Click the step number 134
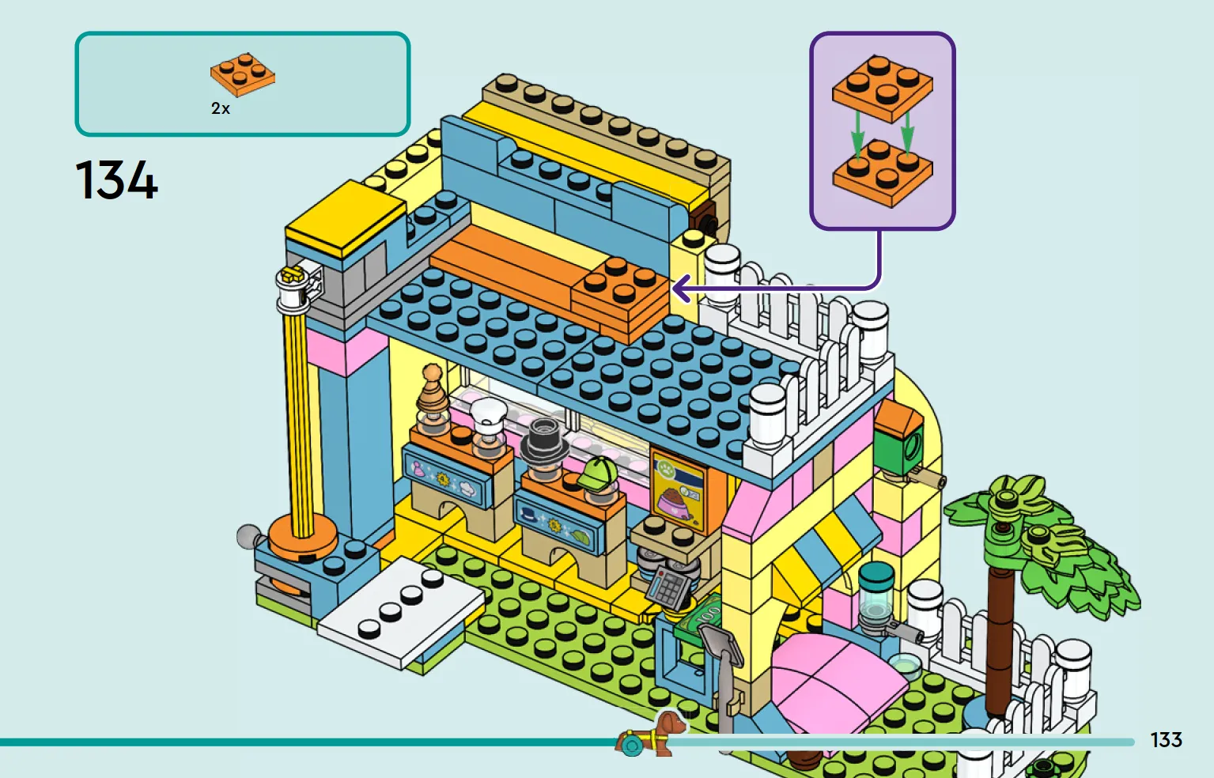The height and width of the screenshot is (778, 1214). (116, 180)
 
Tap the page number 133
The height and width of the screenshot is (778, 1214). (1167, 740)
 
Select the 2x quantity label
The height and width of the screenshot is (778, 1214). (221, 108)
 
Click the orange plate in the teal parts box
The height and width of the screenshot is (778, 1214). (243, 74)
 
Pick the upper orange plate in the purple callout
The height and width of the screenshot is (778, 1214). (883, 88)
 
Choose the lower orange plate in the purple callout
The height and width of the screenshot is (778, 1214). (883, 172)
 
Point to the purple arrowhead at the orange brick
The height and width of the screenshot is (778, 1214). (681, 289)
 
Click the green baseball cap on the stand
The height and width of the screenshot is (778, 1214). (598, 474)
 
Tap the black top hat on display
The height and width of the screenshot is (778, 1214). (544, 440)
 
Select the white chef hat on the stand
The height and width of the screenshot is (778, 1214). (488, 414)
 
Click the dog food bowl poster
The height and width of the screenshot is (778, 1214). (678, 491)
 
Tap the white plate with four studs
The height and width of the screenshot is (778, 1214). (402, 612)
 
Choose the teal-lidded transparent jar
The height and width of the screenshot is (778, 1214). (876, 596)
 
